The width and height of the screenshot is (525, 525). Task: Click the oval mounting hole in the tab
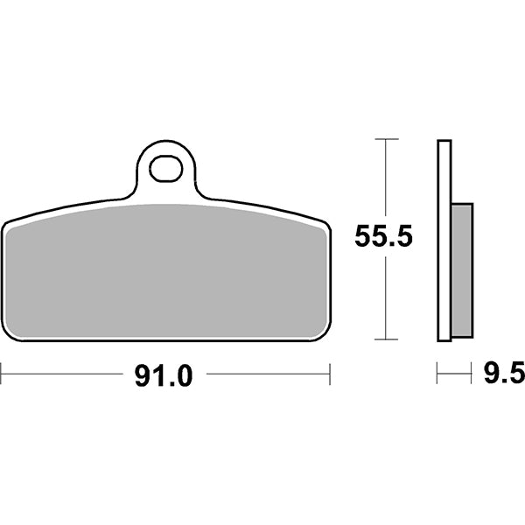tap(164, 170)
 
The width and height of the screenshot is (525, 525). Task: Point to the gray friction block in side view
tap(462, 269)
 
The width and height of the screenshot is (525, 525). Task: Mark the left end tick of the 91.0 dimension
tap(2, 375)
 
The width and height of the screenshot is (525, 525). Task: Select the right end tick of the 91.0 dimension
tap(330, 375)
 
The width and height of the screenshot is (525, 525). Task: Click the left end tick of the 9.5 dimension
tap(437, 375)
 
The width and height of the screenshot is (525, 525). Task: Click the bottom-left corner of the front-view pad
tap(9, 335)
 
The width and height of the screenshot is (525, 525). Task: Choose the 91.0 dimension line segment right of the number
tap(267, 375)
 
